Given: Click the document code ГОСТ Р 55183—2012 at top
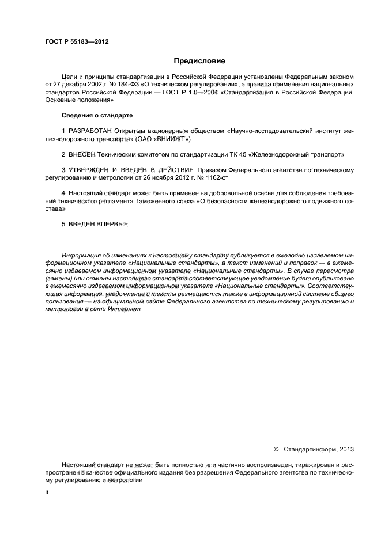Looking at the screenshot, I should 77,42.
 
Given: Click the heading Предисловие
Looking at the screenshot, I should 199,60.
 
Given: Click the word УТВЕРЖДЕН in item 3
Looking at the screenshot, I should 92,170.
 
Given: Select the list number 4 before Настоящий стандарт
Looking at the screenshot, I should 63,194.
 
